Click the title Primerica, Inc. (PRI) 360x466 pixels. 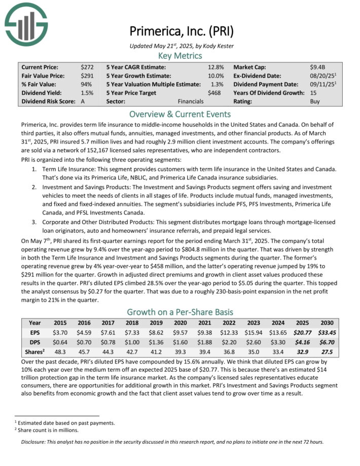click(181, 31)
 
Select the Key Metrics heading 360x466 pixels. click(180, 56)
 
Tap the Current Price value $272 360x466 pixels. click(87, 67)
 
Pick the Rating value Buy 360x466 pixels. click(315, 101)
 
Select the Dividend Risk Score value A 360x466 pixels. click(83, 101)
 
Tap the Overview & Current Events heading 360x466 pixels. click(180, 114)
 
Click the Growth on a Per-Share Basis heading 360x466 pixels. click(180, 312)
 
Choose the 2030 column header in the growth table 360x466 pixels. click(327, 323)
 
